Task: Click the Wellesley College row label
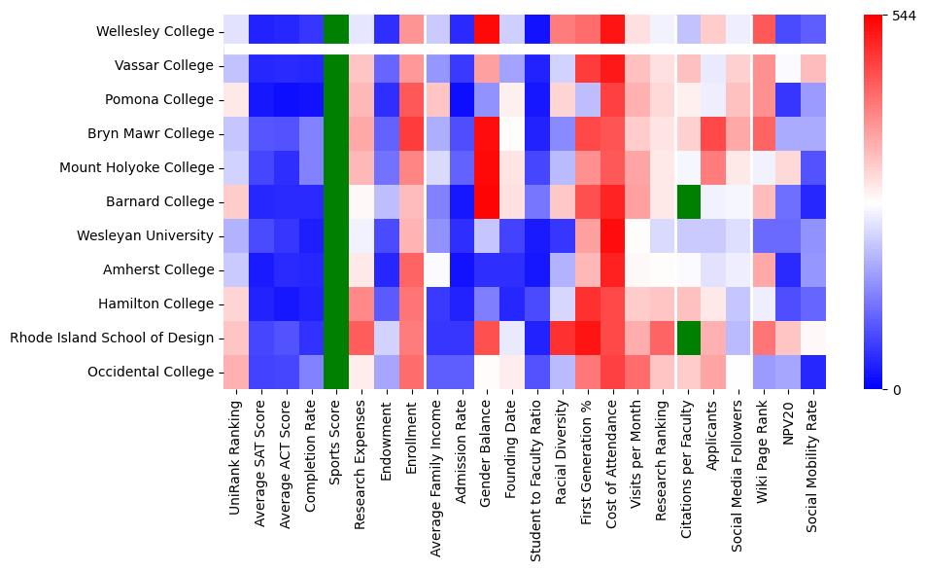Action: click(x=154, y=31)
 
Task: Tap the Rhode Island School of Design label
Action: click(x=111, y=338)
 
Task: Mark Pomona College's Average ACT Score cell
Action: click(x=285, y=99)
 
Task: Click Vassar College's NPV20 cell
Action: click(x=789, y=65)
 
